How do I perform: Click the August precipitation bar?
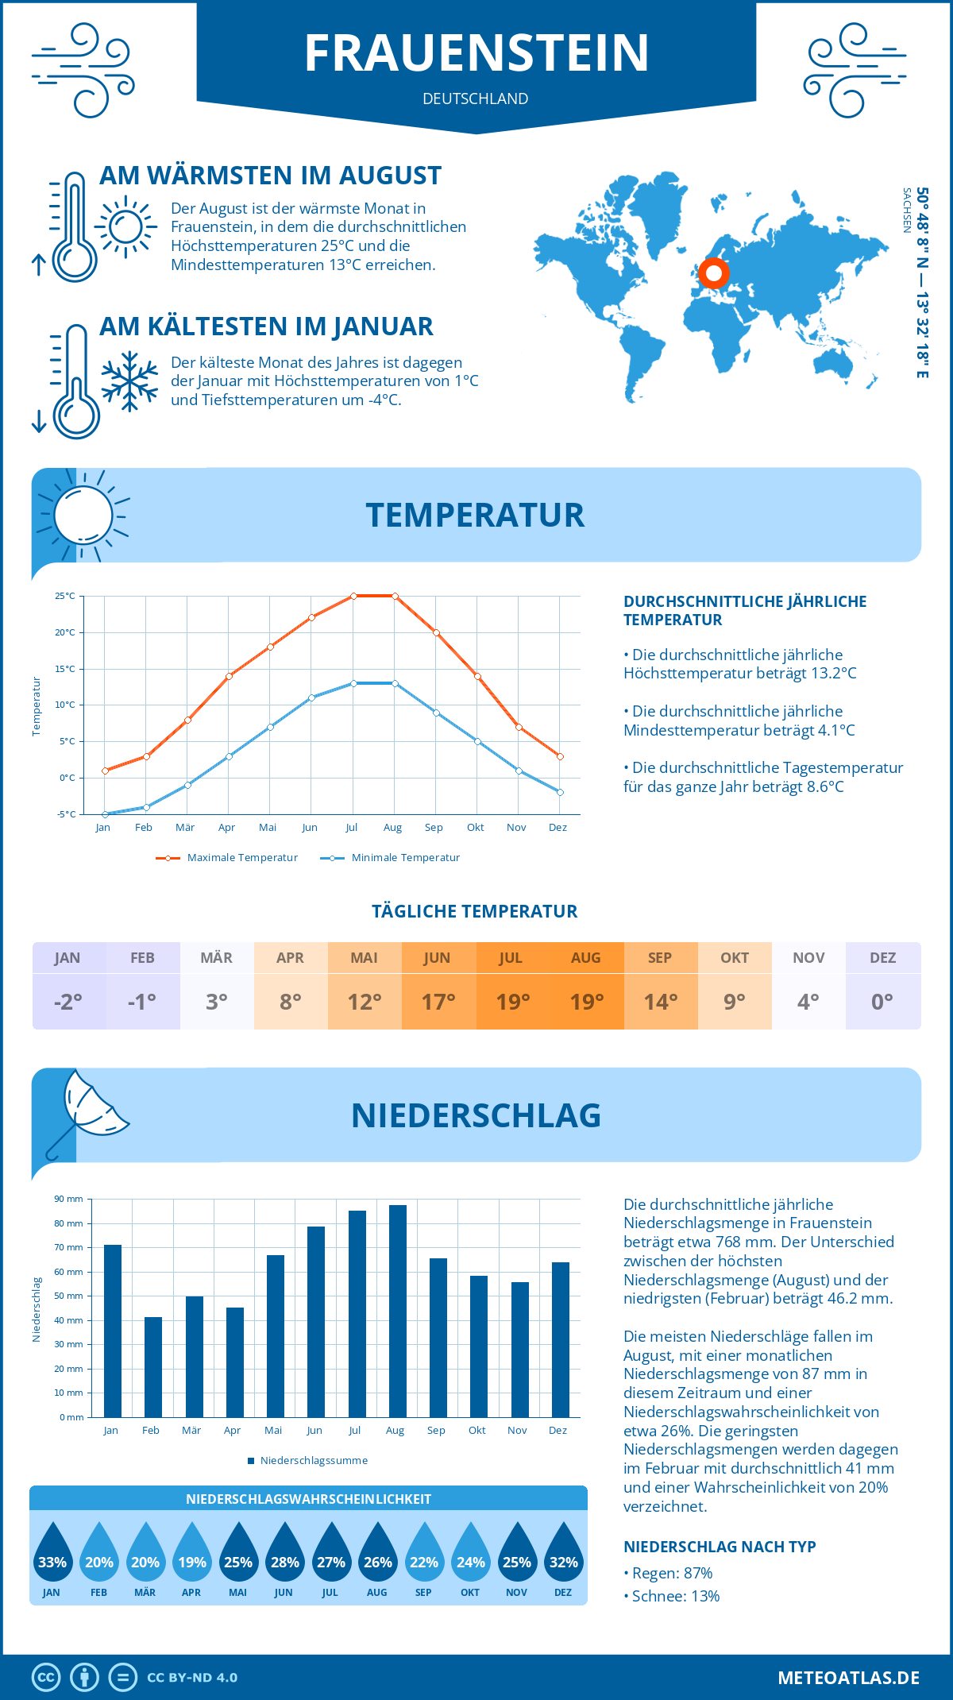tap(397, 1311)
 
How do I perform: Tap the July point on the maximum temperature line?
tap(353, 596)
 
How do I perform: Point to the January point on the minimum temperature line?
tap(105, 814)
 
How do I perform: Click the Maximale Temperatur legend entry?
tap(227, 858)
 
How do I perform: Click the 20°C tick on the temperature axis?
tap(65, 632)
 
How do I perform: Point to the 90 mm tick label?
tap(69, 1199)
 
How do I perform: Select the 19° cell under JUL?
tap(512, 1002)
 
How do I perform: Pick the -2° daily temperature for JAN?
tap(68, 1002)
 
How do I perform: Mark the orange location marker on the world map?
tap(713, 273)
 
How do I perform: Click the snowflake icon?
tap(129, 381)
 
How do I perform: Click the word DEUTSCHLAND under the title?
tap(476, 99)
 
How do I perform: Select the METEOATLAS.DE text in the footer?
tap(848, 1678)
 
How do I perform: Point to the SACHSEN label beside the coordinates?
tap(907, 211)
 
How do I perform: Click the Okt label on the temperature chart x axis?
tap(475, 827)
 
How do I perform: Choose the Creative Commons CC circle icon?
tap(46, 1678)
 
